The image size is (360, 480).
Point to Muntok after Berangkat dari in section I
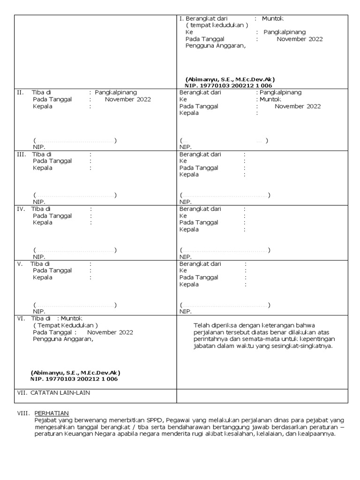point(272,19)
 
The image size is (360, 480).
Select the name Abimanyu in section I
point(198,80)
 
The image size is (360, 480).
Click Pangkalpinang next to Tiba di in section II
point(116,92)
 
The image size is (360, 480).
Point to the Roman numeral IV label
point(22,209)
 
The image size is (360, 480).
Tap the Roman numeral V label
point(20,264)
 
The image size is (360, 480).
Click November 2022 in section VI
point(110,332)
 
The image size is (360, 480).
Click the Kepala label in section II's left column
point(42,106)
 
